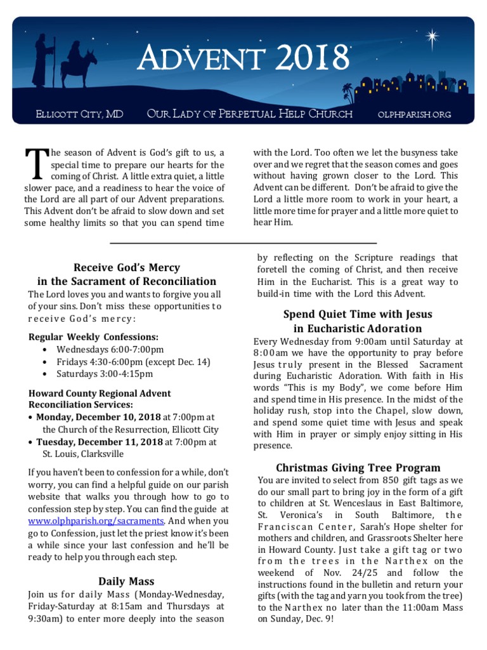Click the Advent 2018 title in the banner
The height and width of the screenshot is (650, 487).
tap(244, 59)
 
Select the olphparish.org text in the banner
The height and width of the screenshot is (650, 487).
tap(414, 114)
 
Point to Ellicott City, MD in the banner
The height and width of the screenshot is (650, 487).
tap(79, 114)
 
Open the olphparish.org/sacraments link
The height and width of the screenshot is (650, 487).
tap(96, 521)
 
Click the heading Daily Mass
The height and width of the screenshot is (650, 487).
tap(126, 581)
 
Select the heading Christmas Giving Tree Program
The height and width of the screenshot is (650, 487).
tap(358, 468)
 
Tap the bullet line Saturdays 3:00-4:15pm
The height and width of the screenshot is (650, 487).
tap(100, 373)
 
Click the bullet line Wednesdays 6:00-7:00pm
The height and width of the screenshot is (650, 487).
tap(110, 349)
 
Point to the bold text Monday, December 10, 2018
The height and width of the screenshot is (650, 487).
tap(98, 417)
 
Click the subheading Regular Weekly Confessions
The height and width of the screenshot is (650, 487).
tap(93, 336)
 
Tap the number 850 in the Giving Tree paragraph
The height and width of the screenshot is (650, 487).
tap(392, 480)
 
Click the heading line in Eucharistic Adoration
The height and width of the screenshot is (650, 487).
tap(358, 328)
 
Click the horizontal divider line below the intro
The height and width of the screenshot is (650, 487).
tap(243, 243)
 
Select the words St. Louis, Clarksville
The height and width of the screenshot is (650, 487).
tap(83, 454)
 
